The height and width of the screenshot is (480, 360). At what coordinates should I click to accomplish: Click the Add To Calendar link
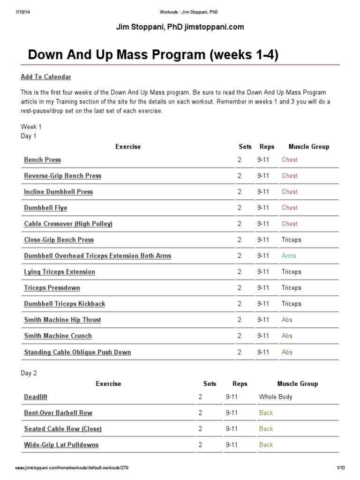pos(46,77)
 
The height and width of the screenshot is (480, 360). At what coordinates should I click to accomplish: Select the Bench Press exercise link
pos(43,160)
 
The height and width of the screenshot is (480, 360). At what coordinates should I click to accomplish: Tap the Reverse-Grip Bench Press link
pos(63,176)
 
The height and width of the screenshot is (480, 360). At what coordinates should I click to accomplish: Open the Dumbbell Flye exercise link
pos(46,208)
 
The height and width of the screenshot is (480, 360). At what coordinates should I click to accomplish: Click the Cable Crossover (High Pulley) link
pos(68,224)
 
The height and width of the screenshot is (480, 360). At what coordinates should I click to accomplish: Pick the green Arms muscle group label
pos(289,256)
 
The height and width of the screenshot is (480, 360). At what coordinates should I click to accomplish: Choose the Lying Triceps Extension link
pos(60,272)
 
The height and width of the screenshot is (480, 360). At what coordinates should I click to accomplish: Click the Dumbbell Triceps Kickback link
pos(65,304)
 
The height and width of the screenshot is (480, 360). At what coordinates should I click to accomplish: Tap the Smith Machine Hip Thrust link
pos(62,320)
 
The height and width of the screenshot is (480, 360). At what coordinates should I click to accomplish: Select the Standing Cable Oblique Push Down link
pos(78,352)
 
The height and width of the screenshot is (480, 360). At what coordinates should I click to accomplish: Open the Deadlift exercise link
pos(36,397)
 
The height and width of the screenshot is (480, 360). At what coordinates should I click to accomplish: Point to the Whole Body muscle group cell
pos(276,397)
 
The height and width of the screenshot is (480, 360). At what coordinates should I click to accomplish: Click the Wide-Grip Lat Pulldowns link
pos(61,445)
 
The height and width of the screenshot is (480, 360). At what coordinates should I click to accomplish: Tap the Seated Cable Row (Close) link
pos(63,429)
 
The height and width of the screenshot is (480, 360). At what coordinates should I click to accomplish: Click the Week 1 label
pos(31,127)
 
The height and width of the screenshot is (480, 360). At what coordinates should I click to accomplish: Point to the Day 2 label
pos(29,374)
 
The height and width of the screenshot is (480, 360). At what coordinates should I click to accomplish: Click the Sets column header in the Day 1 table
pos(245,147)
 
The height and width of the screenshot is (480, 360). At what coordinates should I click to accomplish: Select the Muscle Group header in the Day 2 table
pos(298,384)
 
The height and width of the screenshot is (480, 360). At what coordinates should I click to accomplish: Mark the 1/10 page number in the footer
pos(341,468)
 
